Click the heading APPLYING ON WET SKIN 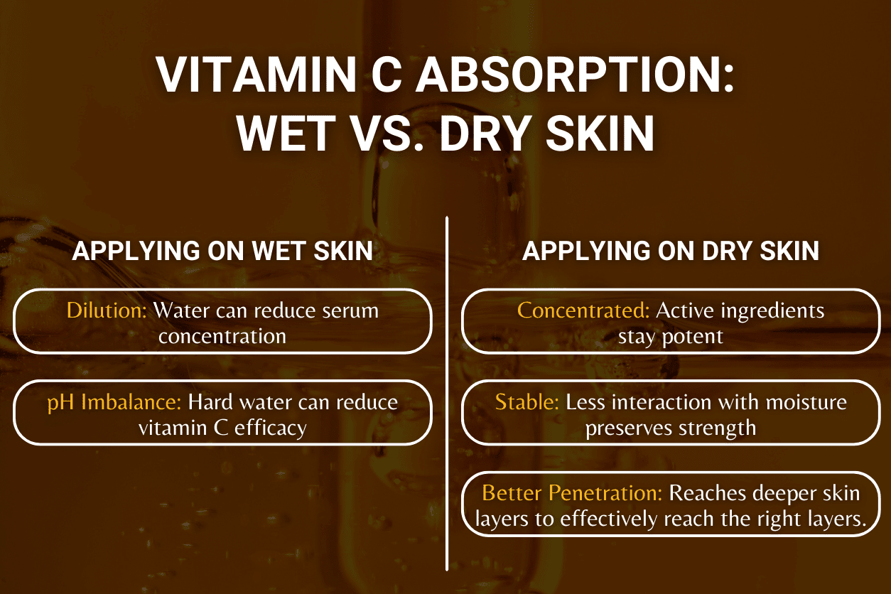(x=222, y=252)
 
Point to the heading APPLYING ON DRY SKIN (x=671, y=252)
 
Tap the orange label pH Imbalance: (x=114, y=402)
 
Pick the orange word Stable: (x=527, y=402)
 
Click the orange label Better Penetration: (x=573, y=493)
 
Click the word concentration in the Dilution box (x=222, y=336)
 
